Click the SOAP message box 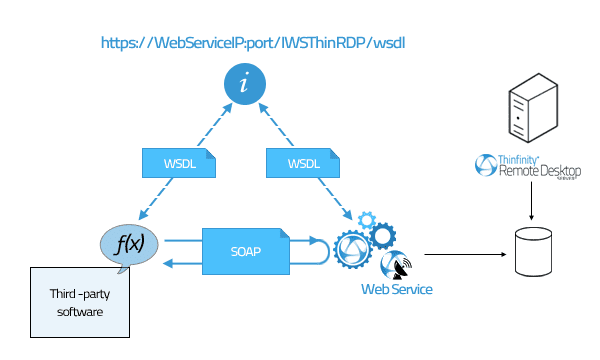246,249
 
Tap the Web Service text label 397,290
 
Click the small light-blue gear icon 366,219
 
